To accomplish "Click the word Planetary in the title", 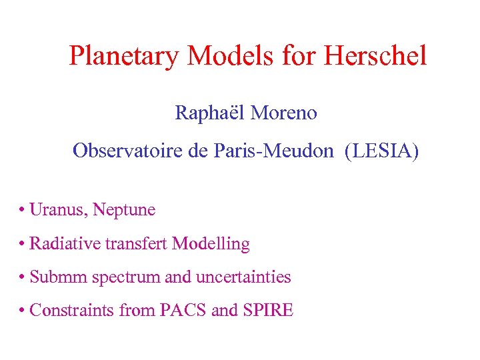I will pyautogui.click(x=125, y=56).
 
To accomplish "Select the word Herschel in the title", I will pyautogui.click(x=375, y=56).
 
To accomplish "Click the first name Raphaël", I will pyautogui.click(x=209, y=113).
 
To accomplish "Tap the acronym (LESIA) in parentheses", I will pyautogui.click(x=382, y=151).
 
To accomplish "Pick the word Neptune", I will pyautogui.click(x=125, y=210).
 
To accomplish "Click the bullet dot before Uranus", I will pyautogui.click(x=23, y=211).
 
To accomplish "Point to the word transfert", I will pyautogui.click(x=136, y=244).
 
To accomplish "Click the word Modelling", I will pyautogui.click(x=211, y=244).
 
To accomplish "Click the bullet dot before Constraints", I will pyautogui.click(x=23, y=311).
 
